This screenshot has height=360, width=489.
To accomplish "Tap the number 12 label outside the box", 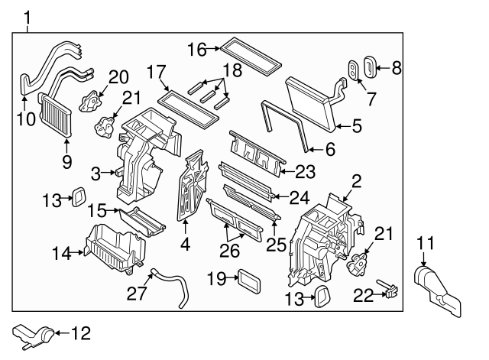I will point(80,332).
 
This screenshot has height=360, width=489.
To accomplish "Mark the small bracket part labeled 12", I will point(34,333).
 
